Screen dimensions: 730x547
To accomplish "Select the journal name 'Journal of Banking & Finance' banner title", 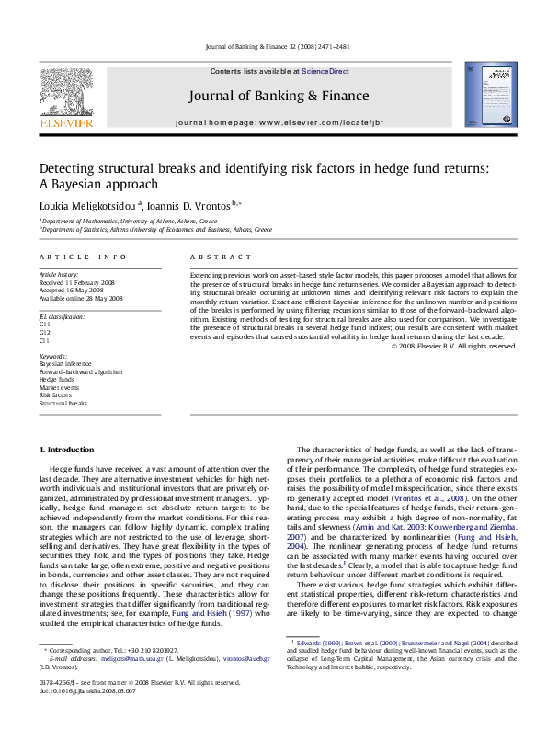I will click(x=279, y=96).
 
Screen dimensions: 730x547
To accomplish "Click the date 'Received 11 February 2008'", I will click(x=77, y=282).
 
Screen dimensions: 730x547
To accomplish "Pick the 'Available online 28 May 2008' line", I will click(x=81, y=298).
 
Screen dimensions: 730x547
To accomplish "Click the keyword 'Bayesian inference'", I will click(x=64, y=364).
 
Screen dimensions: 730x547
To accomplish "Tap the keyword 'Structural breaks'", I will click(x=63, y=404).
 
